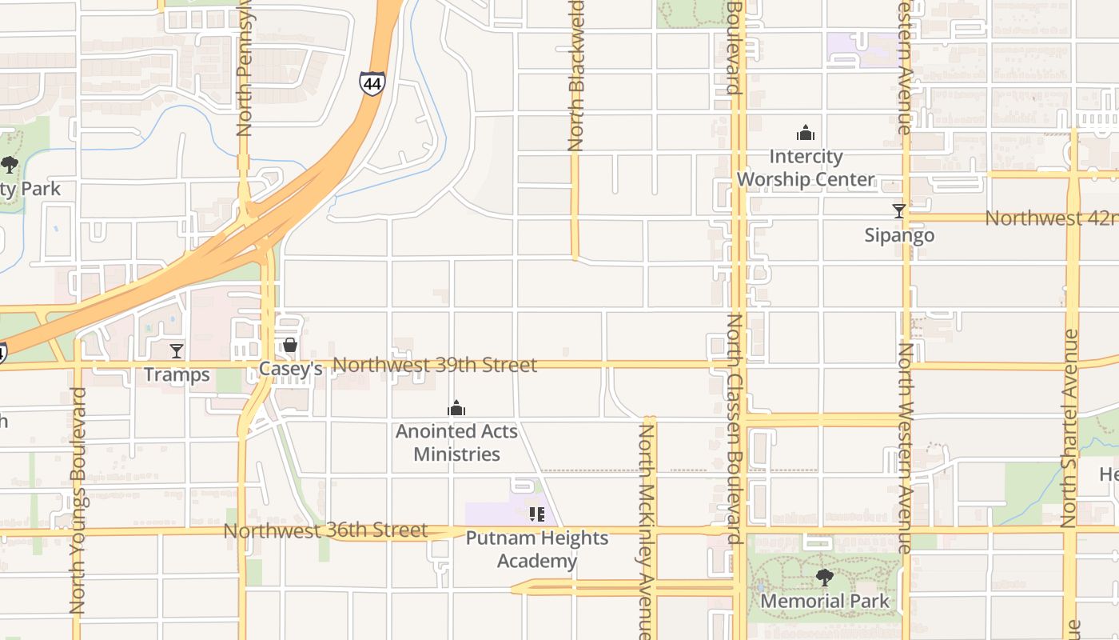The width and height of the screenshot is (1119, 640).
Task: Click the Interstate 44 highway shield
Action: click(372, 83)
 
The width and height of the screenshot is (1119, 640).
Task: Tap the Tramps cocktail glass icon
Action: click(177, 350)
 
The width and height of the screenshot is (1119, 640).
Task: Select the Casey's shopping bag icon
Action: click(290, 345)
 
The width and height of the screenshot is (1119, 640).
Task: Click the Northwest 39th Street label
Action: click(435, 365)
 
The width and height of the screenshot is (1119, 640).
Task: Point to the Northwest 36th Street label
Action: click(325, 530)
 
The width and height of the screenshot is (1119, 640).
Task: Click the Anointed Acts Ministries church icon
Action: click(456, 409)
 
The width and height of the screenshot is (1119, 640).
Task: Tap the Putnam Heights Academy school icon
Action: click(536, 514)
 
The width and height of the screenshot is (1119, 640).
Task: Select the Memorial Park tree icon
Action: click(824, 577)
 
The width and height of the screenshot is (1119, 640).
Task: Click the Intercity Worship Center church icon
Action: click(805, 133)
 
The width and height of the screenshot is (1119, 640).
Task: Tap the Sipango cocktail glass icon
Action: click(899, 211)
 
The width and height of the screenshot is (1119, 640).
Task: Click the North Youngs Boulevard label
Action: click(78, 501)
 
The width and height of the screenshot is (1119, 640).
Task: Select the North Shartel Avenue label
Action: click(1069, 428)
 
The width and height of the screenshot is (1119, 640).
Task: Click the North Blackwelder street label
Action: click(575, 76)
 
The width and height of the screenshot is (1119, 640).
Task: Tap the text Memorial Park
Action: click(824, 601)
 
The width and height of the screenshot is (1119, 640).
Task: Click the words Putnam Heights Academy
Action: click(537, 550)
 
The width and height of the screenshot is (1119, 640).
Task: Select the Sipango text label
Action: click(899, 235)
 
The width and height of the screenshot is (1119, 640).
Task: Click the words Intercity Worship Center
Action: click(806, 168)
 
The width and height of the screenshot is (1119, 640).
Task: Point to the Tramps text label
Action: click(177, 374)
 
